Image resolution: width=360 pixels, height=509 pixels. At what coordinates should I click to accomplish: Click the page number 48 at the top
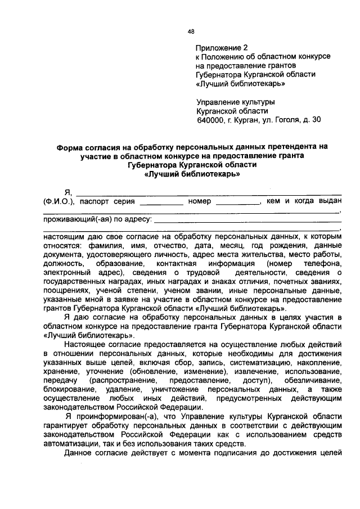(x=191, y=31)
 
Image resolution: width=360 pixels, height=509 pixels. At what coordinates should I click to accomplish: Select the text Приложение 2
(x=221, y=48)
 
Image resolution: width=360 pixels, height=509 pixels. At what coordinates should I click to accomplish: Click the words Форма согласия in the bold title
(x=85, y=146)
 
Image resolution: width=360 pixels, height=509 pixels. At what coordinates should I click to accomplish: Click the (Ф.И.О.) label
(x=58, y=201)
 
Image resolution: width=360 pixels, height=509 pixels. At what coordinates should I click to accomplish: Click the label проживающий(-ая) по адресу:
(x=89, y=219)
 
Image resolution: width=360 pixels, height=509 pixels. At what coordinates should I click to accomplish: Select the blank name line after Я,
(x=208, y=193)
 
